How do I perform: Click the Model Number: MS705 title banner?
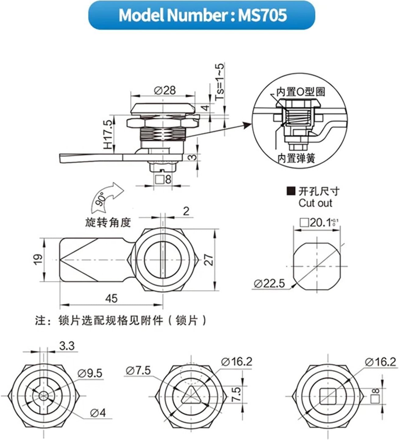pos(202,15)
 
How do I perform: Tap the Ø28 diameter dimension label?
pos(165,90)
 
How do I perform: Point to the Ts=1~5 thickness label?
pos(220,82)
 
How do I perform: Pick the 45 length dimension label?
pos(111,298)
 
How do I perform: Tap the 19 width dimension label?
pos(38,259)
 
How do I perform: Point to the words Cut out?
pos(315,203)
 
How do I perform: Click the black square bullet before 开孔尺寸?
pos(291,191)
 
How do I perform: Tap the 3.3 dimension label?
pos(67,346)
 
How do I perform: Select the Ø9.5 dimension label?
pos(90,373)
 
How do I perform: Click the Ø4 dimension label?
pos(98,413)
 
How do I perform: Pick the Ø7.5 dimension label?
pos(138,371)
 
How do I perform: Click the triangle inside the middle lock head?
pos(191,396)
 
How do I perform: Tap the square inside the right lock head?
pos(328,396)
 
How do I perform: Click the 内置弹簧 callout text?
pos(296,158)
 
